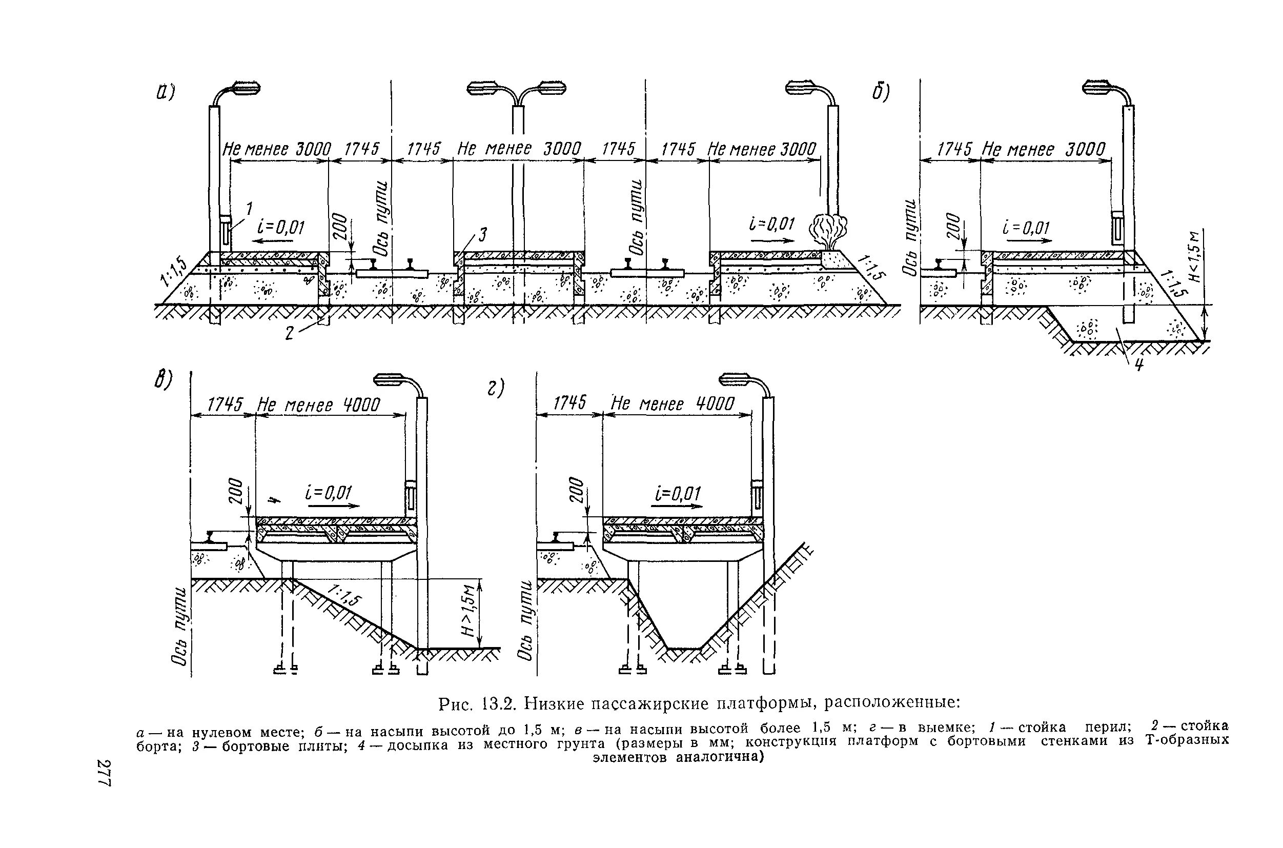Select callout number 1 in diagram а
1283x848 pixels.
coord(249,208)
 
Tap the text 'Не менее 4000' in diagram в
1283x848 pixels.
coord(318,405)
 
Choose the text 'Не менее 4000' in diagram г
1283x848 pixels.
coord(673,404)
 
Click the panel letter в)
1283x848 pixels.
coord(162,379)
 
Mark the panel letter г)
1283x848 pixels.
coord(495,388)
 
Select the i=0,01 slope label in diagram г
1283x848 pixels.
coord(677,494)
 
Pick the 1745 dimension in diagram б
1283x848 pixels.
coord(954,149)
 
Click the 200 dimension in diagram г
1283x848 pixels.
coord(578,490)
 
